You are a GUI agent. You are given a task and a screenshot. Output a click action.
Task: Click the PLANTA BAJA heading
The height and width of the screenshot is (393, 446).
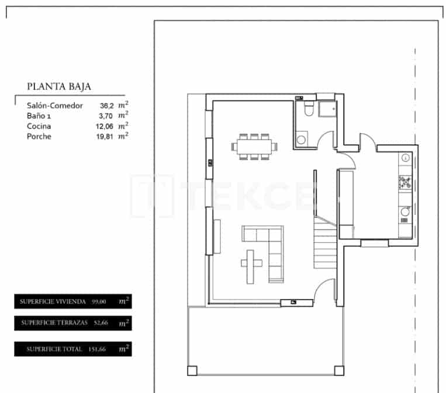point(58,86)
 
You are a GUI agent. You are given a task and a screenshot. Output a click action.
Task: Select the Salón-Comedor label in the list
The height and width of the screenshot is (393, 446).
point(55,106)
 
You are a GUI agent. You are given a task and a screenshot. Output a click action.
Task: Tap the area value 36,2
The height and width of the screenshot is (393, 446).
point(106,106)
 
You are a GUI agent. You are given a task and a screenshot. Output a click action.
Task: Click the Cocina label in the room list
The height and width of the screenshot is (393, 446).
point(39,126)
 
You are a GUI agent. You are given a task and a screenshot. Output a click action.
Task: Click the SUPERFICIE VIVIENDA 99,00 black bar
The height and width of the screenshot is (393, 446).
point(72,301)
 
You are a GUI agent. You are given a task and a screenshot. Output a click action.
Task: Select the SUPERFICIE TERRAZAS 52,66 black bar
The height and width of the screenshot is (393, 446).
point(72,323)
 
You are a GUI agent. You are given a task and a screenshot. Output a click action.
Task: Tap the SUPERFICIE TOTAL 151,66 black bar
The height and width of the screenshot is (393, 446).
point(72,349)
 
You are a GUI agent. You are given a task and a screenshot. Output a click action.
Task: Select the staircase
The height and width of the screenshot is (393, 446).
point(325,245)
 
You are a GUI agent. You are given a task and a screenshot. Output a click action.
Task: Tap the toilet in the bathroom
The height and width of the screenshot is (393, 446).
point(309,110)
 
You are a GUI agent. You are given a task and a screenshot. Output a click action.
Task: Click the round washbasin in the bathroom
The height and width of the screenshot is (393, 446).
point(302,140)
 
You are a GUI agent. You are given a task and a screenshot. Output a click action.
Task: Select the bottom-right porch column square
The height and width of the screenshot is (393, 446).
point(338,370)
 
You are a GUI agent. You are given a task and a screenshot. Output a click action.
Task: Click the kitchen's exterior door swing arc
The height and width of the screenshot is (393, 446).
point(368,142)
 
